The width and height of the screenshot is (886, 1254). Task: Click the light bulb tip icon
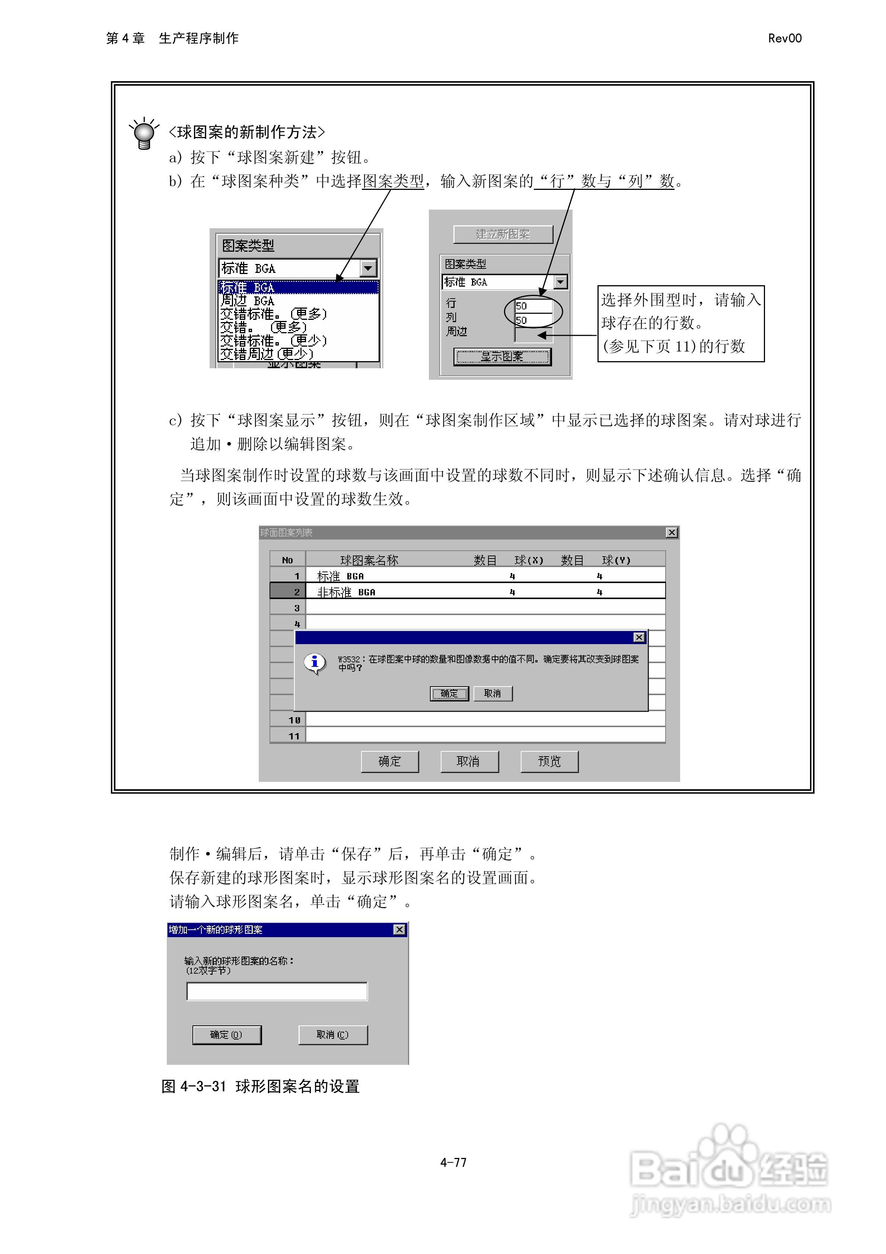pos(144,133)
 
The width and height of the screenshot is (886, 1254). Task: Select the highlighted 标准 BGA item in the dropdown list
pos(298,287)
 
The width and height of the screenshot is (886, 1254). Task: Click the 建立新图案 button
pos(503,234)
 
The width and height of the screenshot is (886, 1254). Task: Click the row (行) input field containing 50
pos(533,306)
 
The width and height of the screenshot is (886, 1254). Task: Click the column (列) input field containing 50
pos(533,320)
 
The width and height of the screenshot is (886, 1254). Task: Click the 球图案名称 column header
pos(369,560)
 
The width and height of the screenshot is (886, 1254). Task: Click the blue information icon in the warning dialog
pos(315,662)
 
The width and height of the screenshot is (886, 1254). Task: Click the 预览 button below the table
pos(549,761)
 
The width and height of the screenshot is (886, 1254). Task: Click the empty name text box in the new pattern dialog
pos(277,991)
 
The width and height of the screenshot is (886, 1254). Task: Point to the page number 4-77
pos(453,1163)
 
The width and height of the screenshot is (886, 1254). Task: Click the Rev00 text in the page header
pos(784,38)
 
